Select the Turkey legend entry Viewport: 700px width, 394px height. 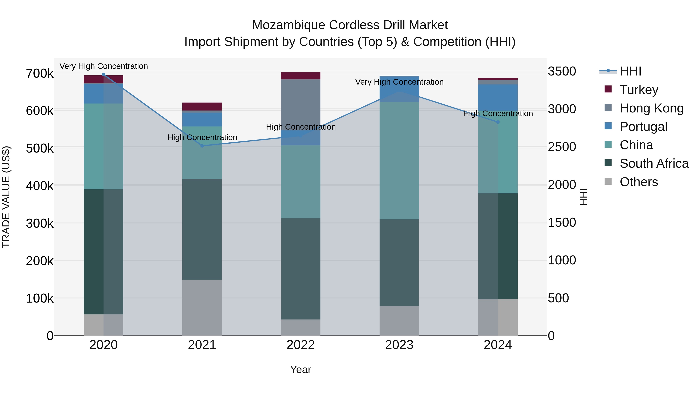pos(639,90)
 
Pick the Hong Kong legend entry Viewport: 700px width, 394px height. pos(651,108)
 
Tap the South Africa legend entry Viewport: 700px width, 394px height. pos(654,163)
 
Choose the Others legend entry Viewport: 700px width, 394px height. pos(639,182)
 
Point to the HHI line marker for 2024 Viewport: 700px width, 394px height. pos(498,122)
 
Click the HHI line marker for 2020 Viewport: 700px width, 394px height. pos(103,75)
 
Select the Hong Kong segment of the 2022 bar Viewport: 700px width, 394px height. pos(301,105)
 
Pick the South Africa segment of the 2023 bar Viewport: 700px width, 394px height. pos(399,262)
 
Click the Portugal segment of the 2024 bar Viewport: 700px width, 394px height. pos(498,97)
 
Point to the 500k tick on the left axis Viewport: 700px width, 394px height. pos(40,148)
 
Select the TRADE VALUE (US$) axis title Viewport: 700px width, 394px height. pos(6,197)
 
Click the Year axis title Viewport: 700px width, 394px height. pos(301,369)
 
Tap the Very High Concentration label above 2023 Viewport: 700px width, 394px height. pos(399,82)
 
